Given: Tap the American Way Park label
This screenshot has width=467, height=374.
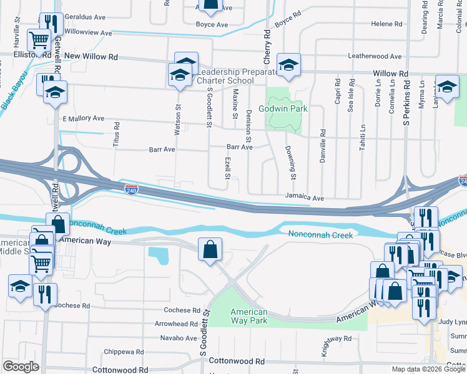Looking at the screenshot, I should point(249,316).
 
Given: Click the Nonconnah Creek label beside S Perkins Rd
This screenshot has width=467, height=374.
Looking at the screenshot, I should point(320,235).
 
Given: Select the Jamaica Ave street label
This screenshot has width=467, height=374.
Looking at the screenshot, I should point(305,198).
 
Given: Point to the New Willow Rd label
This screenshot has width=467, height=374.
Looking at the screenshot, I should point(91,57).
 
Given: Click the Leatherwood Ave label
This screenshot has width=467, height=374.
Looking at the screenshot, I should point(375,56).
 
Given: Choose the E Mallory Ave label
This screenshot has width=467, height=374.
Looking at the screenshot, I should point(83,118).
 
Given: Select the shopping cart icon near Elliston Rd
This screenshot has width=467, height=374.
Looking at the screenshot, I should point(39,41).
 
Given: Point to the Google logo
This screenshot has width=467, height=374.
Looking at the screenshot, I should point(21,367).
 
